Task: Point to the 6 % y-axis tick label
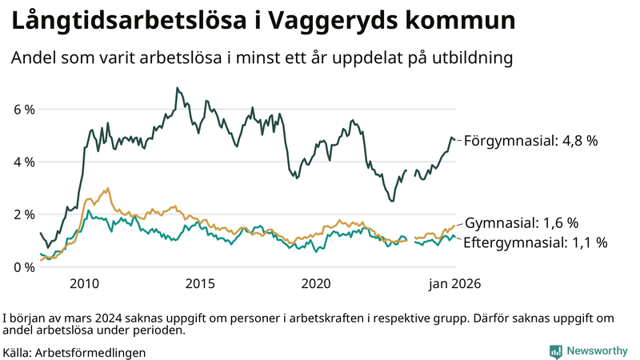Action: tap(24, 109)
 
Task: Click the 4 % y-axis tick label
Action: tap(24, 162)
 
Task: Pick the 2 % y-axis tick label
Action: tap(24, 214)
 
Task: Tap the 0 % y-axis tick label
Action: tap(24, 267)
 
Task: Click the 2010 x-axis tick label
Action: tap(85, 284)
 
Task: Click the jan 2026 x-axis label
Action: tap(454, 284)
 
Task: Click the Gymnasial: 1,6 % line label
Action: tap(522, 223)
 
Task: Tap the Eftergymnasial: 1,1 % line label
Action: tap(535, 242)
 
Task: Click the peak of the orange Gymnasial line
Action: tap(107, 189)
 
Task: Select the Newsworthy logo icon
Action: tap(555, 351)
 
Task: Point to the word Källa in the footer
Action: tap(18, 352)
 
